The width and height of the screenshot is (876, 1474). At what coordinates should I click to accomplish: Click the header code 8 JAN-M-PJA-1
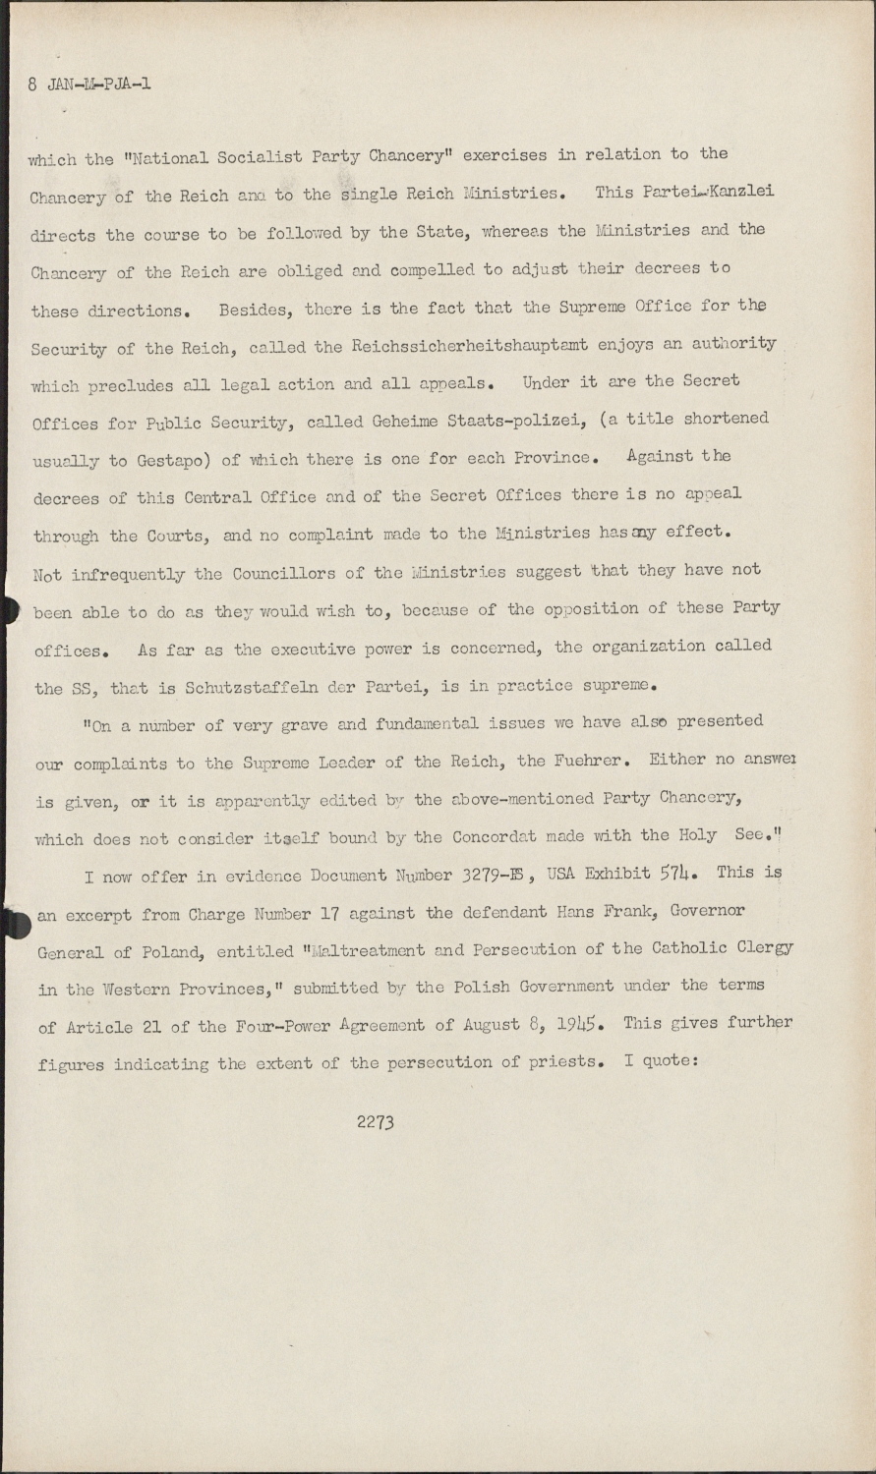tap(89, 85)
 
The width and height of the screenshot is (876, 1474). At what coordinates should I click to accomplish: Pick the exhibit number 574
tap(681, 872)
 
